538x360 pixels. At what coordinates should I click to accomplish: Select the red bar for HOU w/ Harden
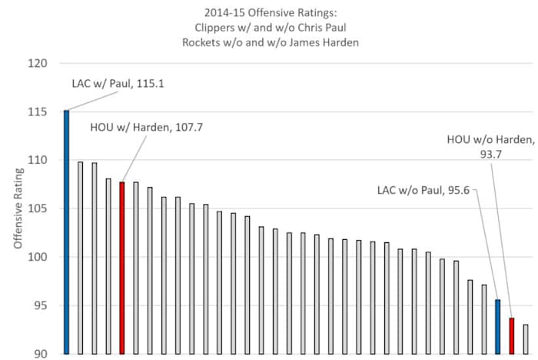121,268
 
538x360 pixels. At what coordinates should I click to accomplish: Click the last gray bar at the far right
526,338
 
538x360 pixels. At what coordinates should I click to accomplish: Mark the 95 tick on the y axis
40,305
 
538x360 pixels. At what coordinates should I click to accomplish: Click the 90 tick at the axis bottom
40,353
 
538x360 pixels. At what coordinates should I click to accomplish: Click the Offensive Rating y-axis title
16,209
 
